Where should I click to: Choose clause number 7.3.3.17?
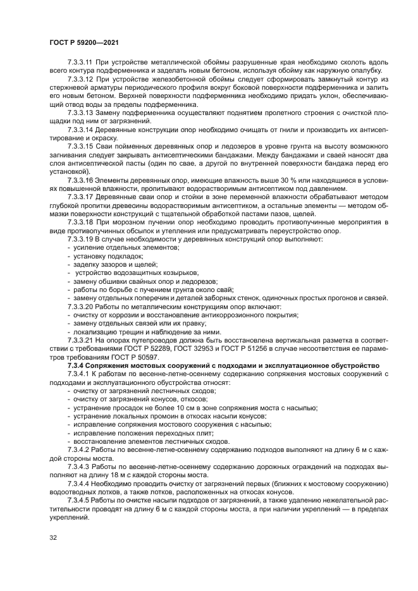coord(80,197)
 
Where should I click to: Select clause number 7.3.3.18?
coord(80,223)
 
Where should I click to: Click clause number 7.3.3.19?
coord(80,240)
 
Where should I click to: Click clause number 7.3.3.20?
coord(80,306)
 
